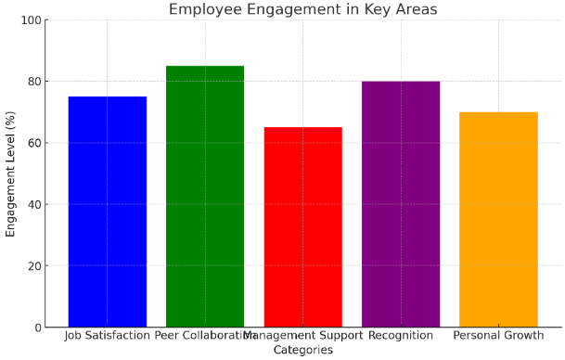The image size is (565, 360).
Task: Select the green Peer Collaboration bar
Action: [205, 196]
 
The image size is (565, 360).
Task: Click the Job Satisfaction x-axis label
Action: [107, 336]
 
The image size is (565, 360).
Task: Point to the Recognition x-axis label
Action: [401, 336]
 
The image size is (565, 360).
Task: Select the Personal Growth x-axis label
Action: [498, 336]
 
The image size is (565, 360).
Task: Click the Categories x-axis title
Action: [302, 350]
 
